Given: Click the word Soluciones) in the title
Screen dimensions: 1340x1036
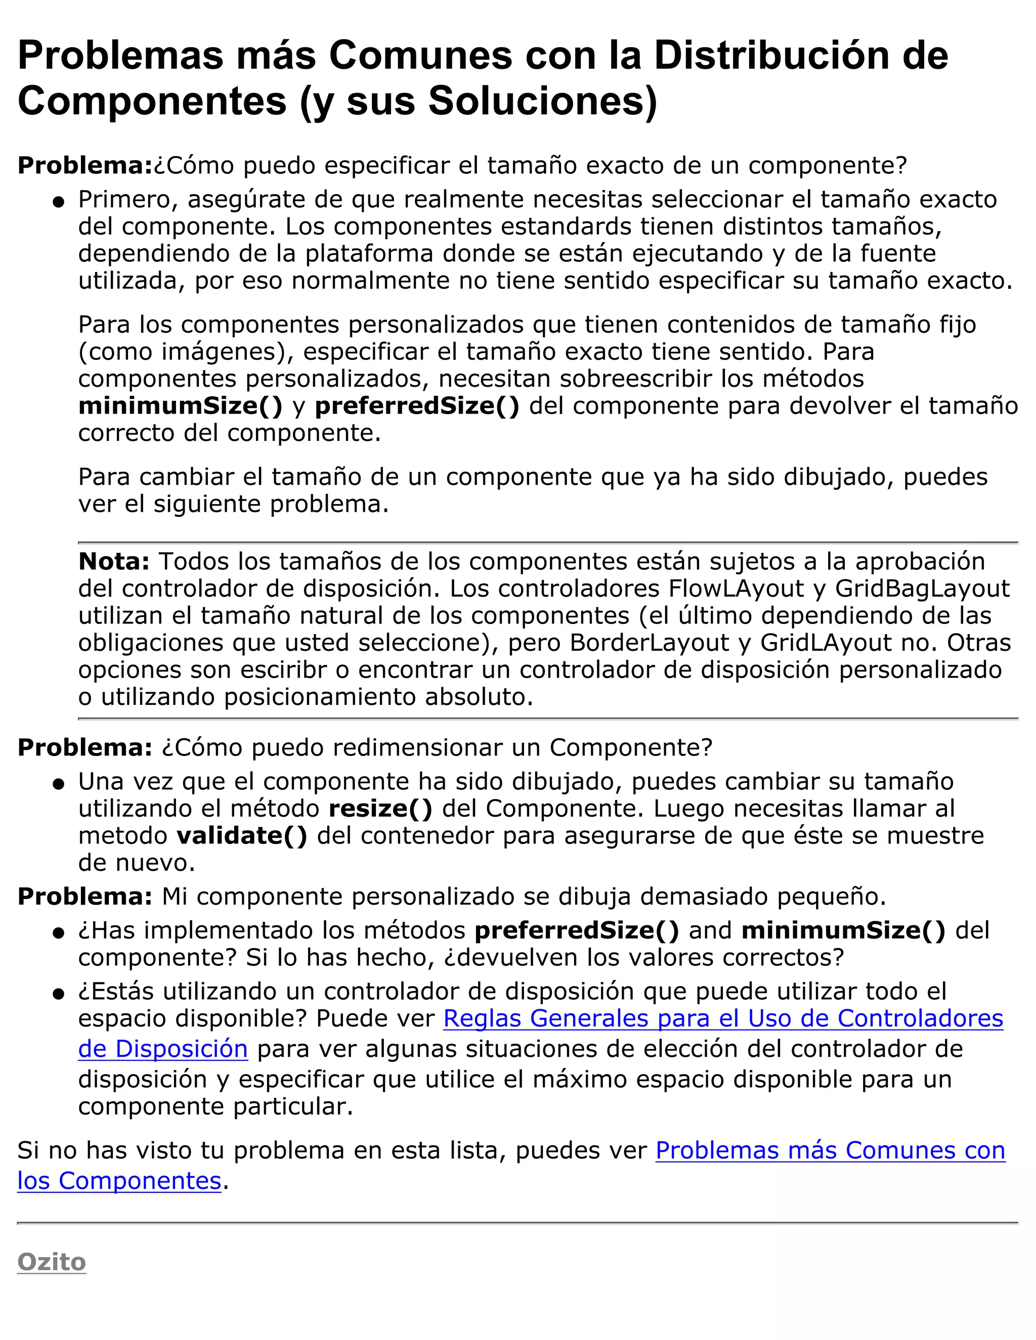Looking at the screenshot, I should [x=543, y=101].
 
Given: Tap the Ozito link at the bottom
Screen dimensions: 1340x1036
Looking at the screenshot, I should [x=52, y=1262].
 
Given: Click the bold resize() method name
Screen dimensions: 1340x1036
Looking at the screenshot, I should [x=380, y=809].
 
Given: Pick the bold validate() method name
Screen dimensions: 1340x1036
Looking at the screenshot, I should [x=242, y=836].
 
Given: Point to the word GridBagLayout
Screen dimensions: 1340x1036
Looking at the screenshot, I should [x=922, y=589].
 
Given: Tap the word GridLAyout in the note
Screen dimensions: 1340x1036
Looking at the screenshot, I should [x=826, y=642].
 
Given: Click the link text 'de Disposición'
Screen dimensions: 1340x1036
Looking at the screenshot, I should [x=163, y=1049].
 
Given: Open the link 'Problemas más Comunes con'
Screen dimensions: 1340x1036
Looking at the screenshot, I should [x=830, y=1150].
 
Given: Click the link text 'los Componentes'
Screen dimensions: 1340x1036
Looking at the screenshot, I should [x=119, y=1181].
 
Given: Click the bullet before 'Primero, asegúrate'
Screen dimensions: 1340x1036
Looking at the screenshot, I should [x=59, y=202].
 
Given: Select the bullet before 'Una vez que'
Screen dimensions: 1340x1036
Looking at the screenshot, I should [x=59, y=784].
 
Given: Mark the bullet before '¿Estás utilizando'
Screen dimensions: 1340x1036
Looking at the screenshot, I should [x=59, y=994].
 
